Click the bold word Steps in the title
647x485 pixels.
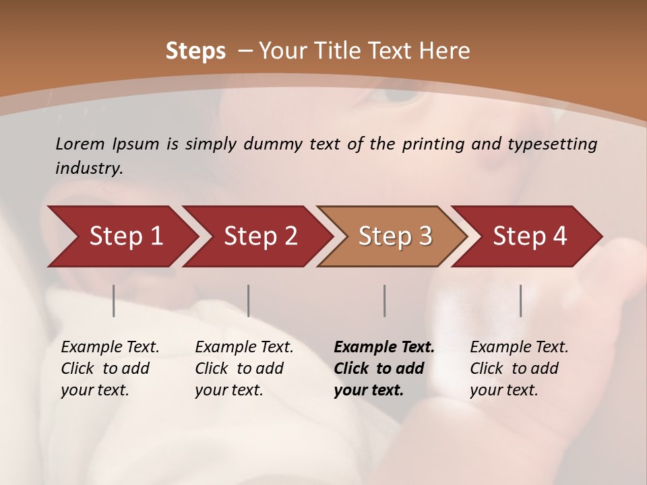(195, 51)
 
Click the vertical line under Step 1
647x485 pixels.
(114, 300)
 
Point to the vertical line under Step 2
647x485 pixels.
(249, 300)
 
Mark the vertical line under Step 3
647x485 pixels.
(384, 300)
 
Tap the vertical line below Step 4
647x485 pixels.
(520, 300)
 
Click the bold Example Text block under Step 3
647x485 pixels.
(383, 368)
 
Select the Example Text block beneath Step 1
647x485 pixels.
(110, 368)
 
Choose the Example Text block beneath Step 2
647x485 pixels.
(244, 368)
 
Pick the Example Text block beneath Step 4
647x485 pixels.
(519, 368)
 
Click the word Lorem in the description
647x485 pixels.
(80, 144)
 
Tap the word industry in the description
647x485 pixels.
(89, 168)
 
